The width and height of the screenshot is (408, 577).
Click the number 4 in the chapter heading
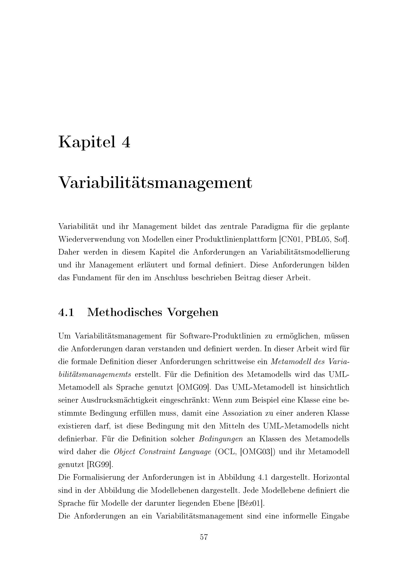pyautogui.click(x=126, y=142)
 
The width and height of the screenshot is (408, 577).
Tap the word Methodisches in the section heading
pyautogui.click(x=125, y=312)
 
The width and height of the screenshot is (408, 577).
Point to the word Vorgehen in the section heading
pyautogui.click(x=193, y=312)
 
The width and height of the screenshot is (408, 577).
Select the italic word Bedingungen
pyautogui.click(x=221, y=439)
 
